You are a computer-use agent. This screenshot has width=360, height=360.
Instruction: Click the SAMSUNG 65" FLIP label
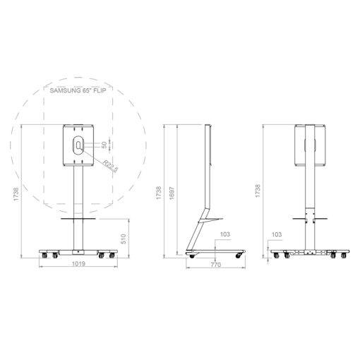coord(78,90)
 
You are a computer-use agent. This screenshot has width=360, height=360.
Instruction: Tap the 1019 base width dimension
coord(78,263)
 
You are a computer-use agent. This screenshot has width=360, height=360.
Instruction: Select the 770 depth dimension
coord(215,265)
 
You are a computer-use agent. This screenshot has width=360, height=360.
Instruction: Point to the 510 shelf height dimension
coord(124,239)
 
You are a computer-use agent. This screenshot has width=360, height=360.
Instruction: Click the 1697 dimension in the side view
coord(172,193)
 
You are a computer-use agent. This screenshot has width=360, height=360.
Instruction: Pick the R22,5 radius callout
coord(111,166)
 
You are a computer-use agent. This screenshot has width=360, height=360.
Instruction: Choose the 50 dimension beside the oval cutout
coord(104,145)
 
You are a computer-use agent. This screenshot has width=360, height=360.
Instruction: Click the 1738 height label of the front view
coord(16,194)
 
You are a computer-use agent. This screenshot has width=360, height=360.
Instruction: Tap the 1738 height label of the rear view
coord(258,191)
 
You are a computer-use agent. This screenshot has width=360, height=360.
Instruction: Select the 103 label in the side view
coord(225,234)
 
